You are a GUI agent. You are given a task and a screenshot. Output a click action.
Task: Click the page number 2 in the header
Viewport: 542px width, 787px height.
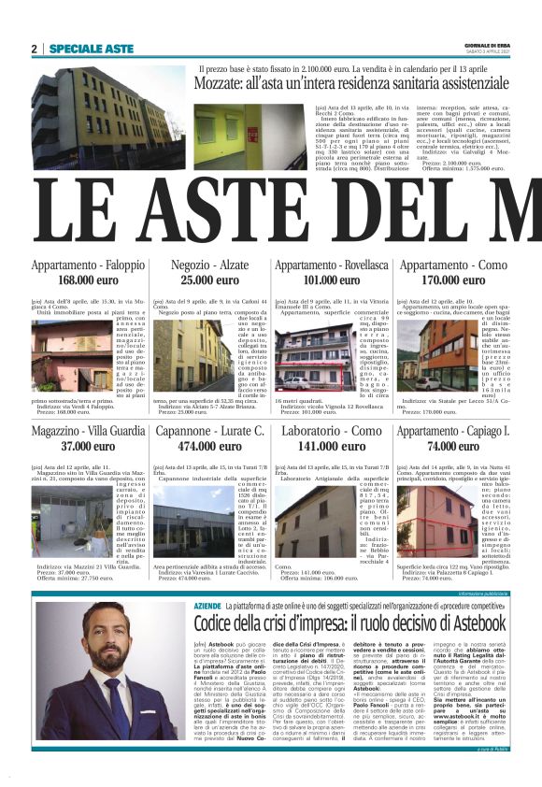click(x=35, y=49)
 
